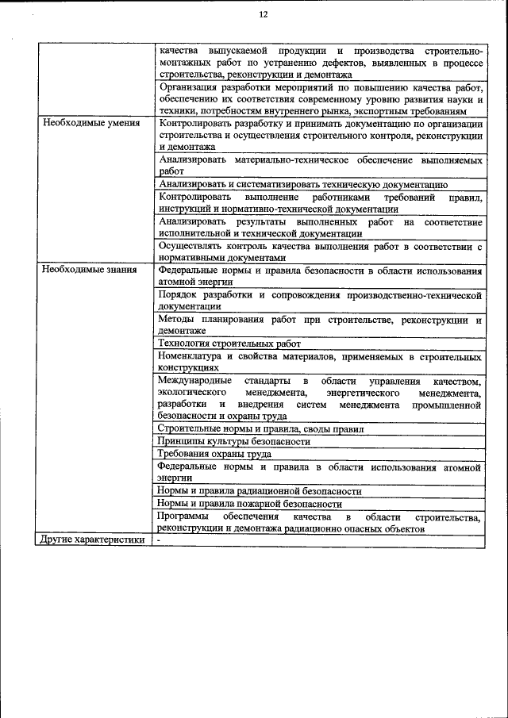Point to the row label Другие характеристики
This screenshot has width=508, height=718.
[x=92, y=540]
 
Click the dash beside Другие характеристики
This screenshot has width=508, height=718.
[x=159, y=540]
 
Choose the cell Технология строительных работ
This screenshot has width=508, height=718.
[x=229, y=344]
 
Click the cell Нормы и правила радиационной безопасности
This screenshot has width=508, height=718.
[x=259, y=491]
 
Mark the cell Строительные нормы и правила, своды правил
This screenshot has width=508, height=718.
[x=260, y=429]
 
